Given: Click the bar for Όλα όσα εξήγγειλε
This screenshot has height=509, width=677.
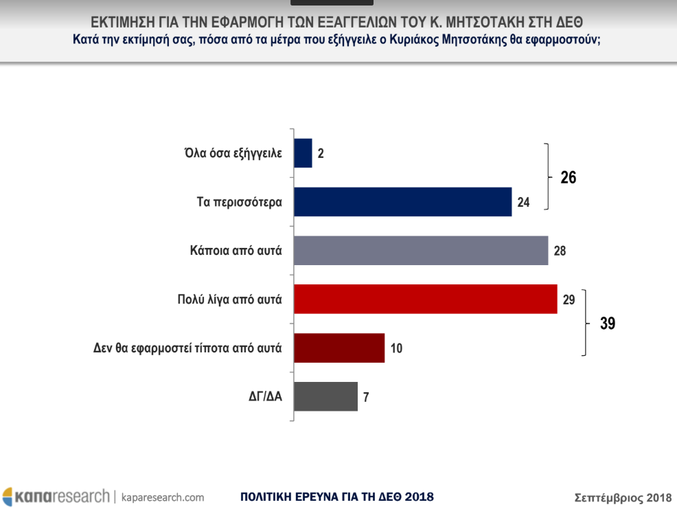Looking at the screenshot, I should [303, 153].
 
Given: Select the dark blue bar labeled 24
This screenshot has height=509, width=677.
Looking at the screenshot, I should [402, 202].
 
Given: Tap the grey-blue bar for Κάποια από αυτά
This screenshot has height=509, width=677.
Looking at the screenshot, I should [420, 250].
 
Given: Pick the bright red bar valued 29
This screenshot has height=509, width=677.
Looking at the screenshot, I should [425, 299].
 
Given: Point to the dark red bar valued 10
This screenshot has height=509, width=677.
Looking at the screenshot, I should [338, 348].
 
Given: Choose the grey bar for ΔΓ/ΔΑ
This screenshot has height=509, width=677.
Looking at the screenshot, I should [325, 396].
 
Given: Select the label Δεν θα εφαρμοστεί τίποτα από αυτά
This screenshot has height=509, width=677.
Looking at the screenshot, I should [187, 348].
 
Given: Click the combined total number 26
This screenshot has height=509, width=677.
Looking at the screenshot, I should [568, 177].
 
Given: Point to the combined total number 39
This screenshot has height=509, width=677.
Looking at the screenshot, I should [607, 323].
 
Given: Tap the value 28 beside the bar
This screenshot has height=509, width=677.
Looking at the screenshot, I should [560, 251].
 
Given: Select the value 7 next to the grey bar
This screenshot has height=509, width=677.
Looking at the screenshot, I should [367, 397].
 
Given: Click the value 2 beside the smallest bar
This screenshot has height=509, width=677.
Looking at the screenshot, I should [321, 154].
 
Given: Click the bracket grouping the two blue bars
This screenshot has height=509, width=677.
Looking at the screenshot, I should [548, 177].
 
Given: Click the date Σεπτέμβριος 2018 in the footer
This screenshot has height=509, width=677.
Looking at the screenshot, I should [622, 497].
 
